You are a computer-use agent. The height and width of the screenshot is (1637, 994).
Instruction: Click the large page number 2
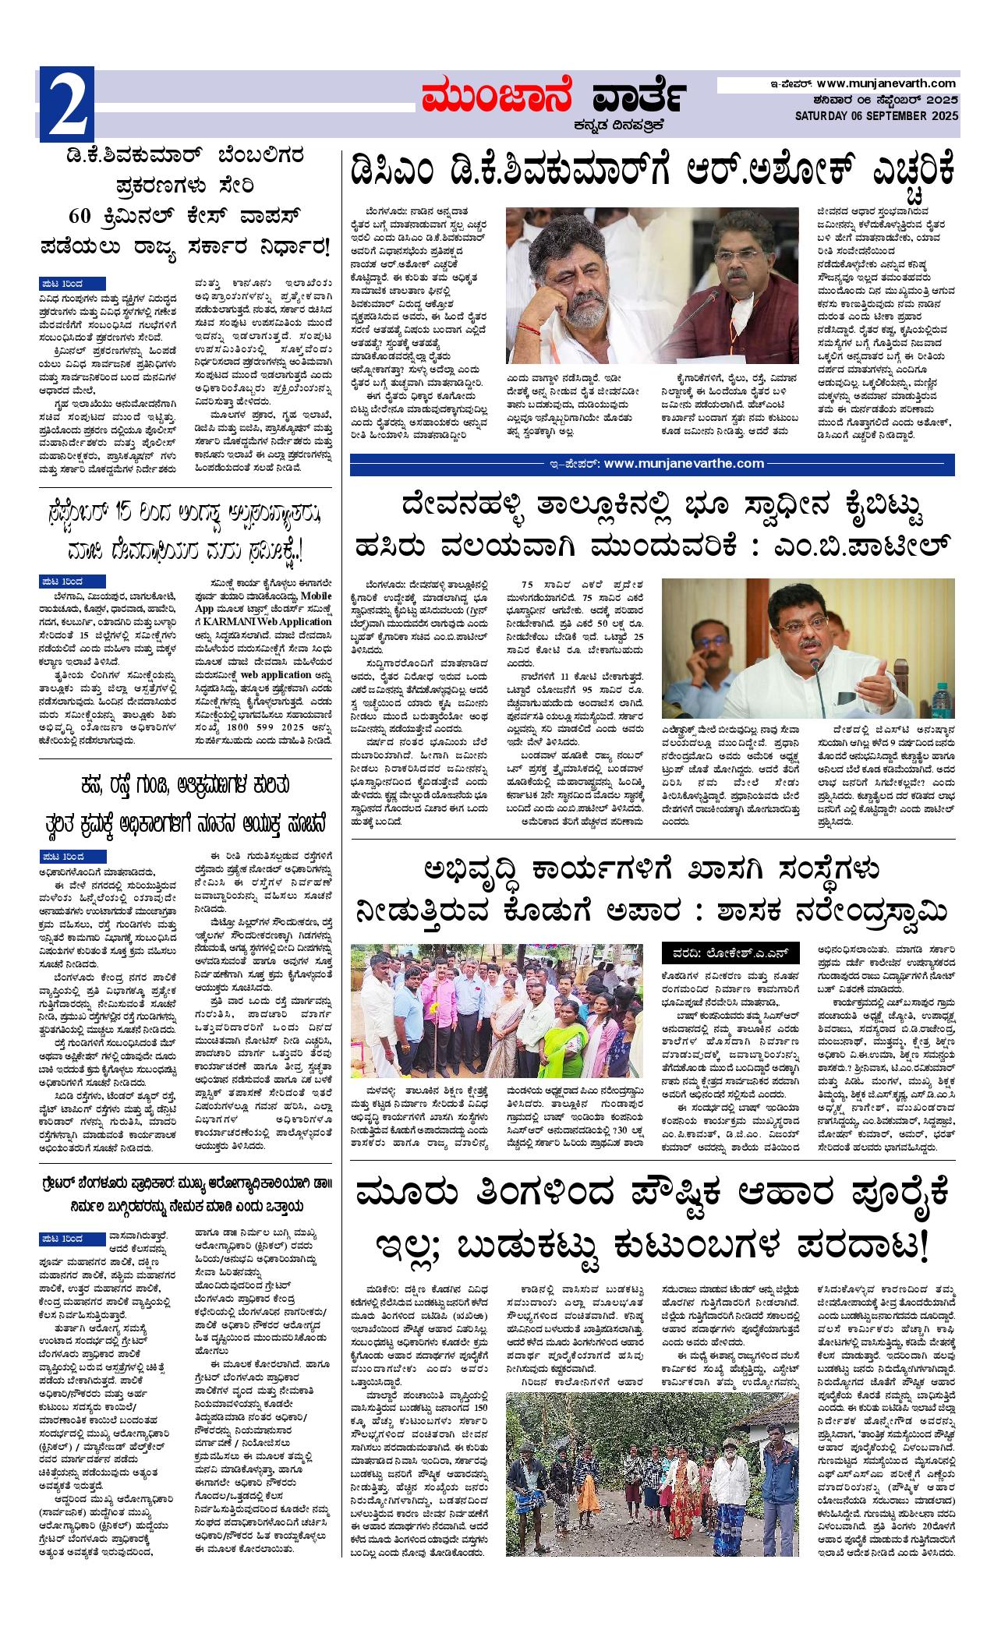67,106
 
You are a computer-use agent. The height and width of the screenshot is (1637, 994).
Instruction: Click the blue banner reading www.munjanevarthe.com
652,464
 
